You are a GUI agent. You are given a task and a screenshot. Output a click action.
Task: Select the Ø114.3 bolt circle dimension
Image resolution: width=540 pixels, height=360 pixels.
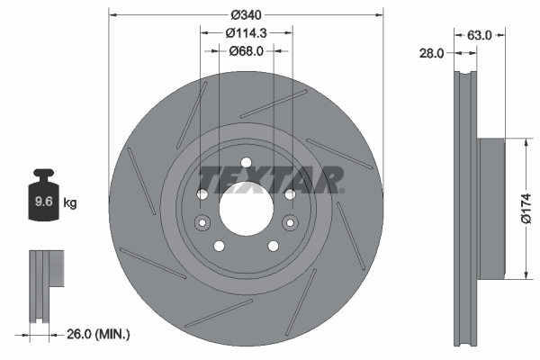click(246, 32)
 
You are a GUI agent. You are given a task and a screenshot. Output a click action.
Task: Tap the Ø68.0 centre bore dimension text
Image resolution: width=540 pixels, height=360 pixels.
click(246, 51)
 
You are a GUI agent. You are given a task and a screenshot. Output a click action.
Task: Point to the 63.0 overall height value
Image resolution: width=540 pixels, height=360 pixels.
click(480, 35)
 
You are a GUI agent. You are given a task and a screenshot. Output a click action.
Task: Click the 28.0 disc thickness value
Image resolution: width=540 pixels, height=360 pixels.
click(433, 53)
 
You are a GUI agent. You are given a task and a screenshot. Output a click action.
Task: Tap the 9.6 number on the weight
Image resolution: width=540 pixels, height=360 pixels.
click(42, 202)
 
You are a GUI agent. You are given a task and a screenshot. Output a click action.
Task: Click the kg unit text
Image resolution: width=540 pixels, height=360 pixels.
click(70, 202)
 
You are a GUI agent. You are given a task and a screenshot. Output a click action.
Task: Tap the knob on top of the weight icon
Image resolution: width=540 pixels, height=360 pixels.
click(42, 174)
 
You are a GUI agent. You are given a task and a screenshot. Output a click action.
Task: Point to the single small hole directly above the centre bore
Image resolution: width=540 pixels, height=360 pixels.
click(246, 164)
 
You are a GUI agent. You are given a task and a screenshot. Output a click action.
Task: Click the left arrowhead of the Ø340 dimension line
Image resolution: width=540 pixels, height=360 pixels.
click(112, 14)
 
